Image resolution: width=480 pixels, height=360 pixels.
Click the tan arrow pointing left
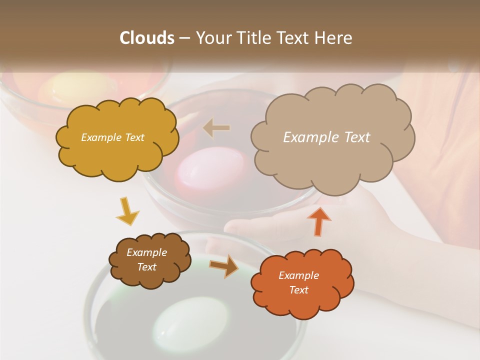pos(216,128)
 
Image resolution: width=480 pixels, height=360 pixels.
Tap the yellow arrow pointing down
pos(127,211)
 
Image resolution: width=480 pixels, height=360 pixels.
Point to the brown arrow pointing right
pos(223,265)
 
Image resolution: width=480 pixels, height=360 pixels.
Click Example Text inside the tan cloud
pos(326,137)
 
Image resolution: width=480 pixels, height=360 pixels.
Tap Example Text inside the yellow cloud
pos(112,137)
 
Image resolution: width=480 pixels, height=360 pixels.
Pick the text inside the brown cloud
pos(146,259)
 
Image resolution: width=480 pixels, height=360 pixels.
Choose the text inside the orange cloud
pos(298,282)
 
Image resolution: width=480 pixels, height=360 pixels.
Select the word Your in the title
pos(212,37)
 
